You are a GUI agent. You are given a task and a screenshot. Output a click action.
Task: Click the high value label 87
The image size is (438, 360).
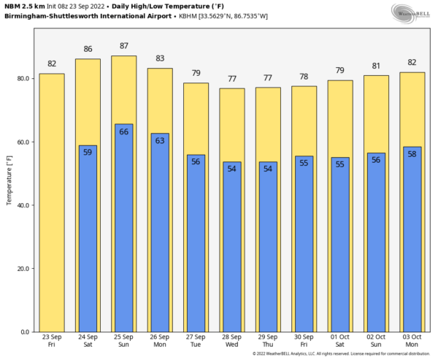click(x=123, y=46)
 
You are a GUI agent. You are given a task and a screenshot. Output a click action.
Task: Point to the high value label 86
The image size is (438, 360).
click(x=88, y=49)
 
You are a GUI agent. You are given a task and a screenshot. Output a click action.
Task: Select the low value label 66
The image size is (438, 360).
click(x=123, y=131)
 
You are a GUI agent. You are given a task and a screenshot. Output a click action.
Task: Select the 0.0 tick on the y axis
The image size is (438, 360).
click(x=26, y=332)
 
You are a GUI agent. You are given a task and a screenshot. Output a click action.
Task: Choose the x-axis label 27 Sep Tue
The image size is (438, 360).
click(x=196, y=340)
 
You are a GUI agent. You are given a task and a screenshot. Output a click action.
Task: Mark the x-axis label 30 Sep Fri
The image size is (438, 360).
click(x=304, y=340)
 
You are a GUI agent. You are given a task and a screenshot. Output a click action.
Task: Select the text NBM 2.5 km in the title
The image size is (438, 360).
click(x=23, y=6)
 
